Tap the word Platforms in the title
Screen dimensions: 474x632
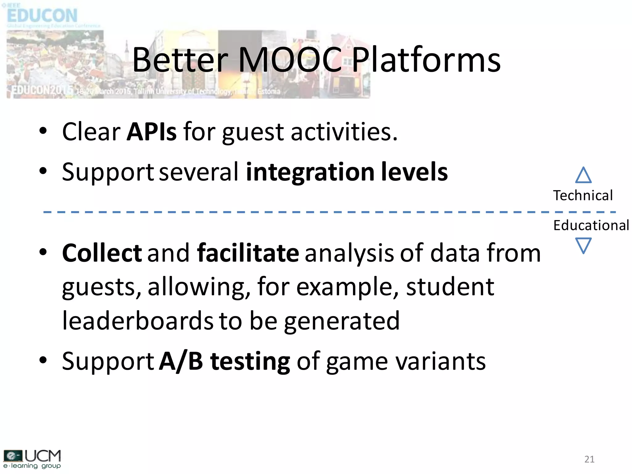(x=426, y=60)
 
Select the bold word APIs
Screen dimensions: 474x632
(x=152, y=132)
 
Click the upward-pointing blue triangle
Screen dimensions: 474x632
(x=583, y=176)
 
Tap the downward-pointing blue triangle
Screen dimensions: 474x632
(x=583, y=245)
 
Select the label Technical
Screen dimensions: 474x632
(x=583, y=196)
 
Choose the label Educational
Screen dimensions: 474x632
(x=591, y=225)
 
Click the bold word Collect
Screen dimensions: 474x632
(x=102, y=253)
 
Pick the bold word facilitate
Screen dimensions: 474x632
(x=248, y=253)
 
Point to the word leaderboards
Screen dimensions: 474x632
(x=138, y=321)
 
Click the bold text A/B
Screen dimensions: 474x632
(x=181, y=361)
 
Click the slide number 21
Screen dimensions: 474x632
(x=589, y=459)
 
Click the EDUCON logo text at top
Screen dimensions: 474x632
(x=42, y=15)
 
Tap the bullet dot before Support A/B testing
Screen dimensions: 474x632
(x=43, y=360)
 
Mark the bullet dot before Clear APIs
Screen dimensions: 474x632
(x=43, y=131)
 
